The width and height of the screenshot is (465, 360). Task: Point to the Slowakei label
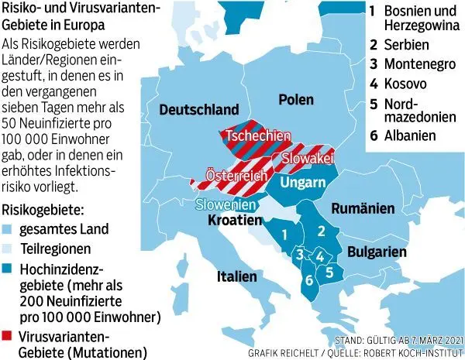(307, 157)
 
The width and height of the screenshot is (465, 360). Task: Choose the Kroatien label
(232, 221)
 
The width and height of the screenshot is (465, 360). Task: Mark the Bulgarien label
(377, 252)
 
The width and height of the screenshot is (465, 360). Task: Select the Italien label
(237, 276)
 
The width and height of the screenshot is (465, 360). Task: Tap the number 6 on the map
(308, 280)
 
